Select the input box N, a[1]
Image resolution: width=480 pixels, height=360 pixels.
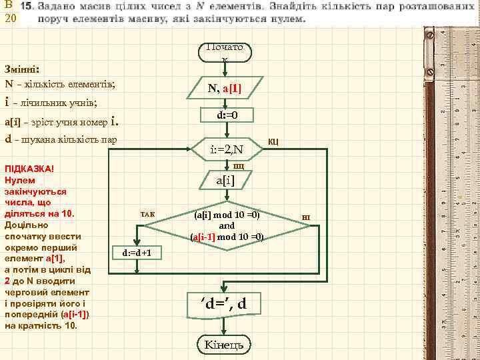225,88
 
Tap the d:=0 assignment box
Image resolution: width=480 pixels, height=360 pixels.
227,115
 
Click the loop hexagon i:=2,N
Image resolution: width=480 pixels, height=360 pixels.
227,149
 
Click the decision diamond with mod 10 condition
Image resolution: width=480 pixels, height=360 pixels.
227,226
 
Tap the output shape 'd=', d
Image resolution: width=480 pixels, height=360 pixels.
224,304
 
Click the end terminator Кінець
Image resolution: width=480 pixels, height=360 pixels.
225,344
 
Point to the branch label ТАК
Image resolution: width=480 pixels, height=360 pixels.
147,214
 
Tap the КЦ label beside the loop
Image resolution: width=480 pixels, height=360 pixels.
273,141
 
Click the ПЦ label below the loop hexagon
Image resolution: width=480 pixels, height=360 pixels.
239,165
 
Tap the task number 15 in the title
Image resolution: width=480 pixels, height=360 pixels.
27,5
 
